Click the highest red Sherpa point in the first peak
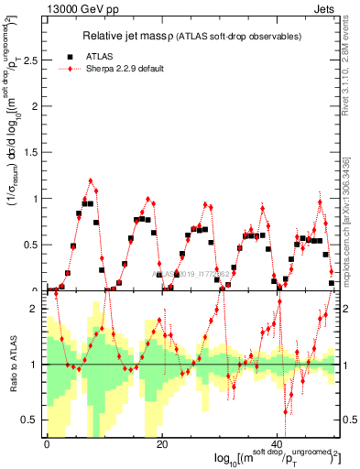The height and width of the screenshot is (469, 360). coord(91,180)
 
